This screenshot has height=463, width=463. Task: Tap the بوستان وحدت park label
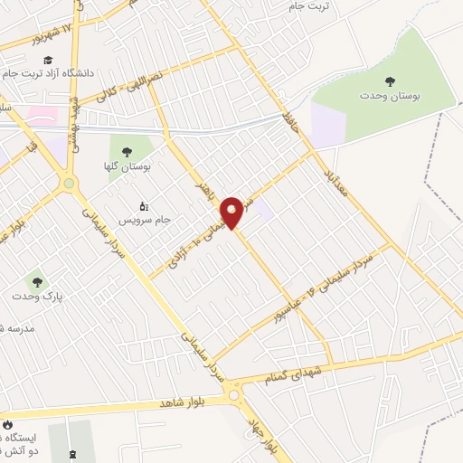(x=390, y=96)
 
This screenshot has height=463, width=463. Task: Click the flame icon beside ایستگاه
(x=8, y=423)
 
